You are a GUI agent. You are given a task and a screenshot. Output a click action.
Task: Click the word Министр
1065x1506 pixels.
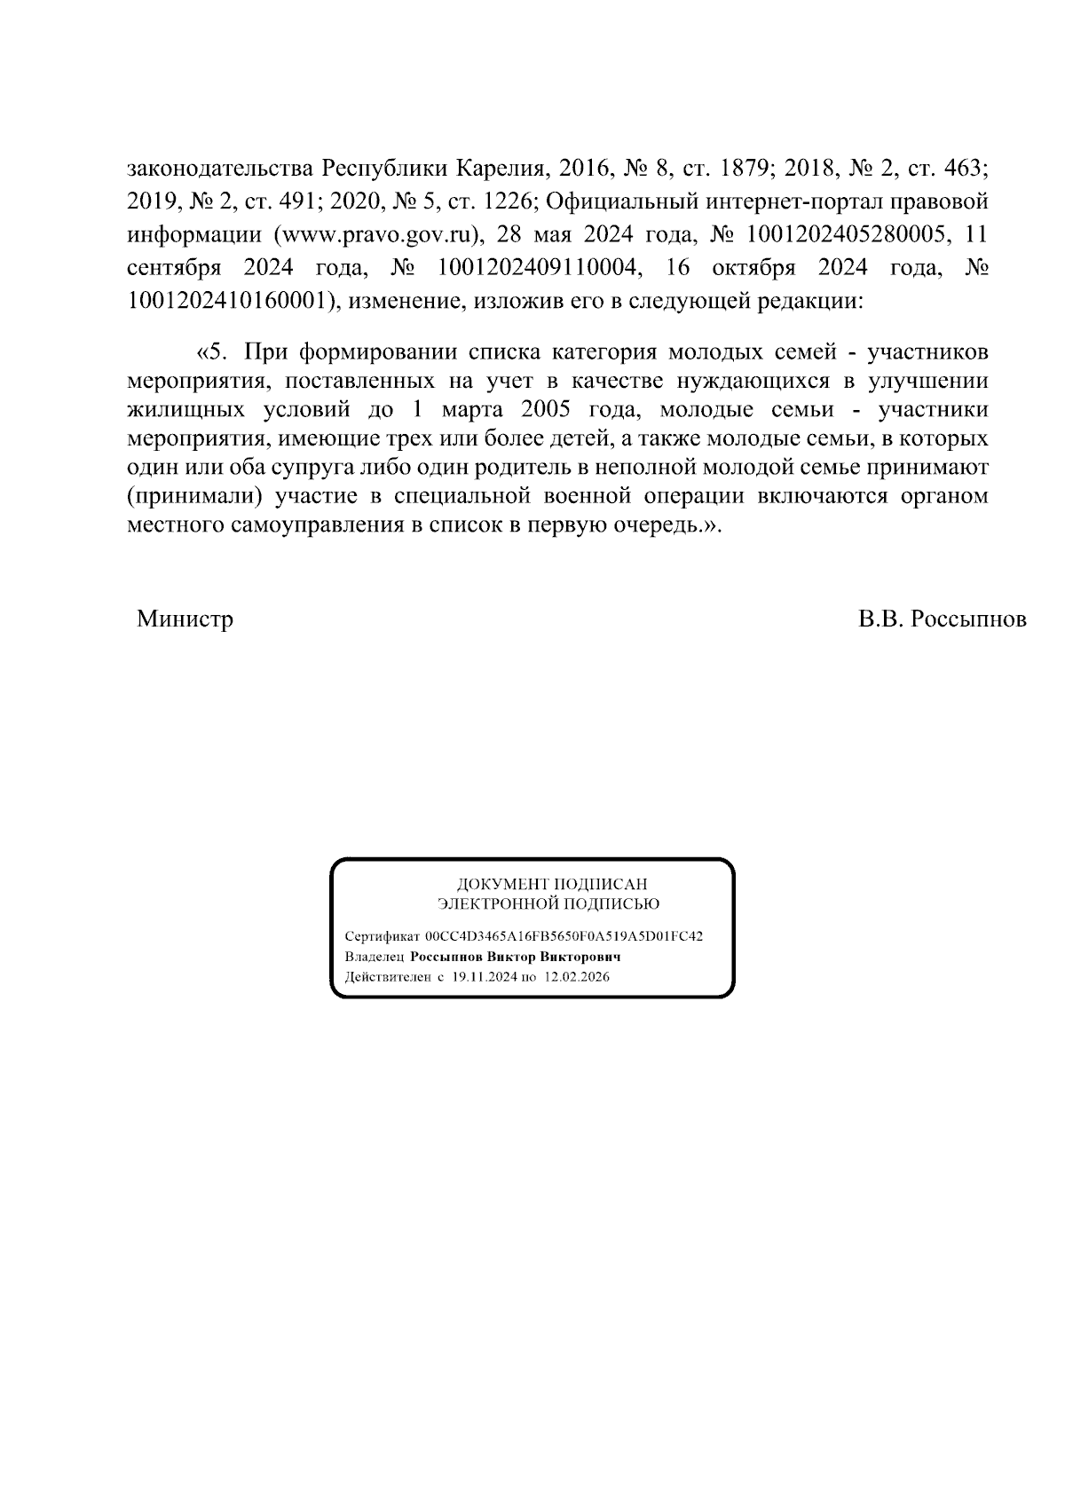pyautogui.click(x=185, y=619)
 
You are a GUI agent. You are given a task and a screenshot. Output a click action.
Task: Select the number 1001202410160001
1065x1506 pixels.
pyautogui.click(x=225, y=300)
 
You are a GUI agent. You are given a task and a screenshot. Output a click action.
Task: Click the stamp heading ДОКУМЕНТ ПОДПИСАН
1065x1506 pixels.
pyautogui.click(x=551, y=884)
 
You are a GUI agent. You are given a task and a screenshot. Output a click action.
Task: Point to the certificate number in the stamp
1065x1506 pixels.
pyautogui.click(x=564, y=936)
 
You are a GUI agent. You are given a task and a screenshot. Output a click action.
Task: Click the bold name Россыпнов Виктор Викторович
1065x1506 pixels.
pyautogui.click(x=515, y=957)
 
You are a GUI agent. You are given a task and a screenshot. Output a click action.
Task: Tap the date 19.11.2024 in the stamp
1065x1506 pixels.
pyautogui.click(x=484, y=977)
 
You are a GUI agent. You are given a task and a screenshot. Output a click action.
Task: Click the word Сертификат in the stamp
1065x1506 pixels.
pyautogui.click(x=383, y=936)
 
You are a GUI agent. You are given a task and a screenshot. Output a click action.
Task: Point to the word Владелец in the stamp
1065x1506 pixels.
pyautogui.click(x=375, y=957)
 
